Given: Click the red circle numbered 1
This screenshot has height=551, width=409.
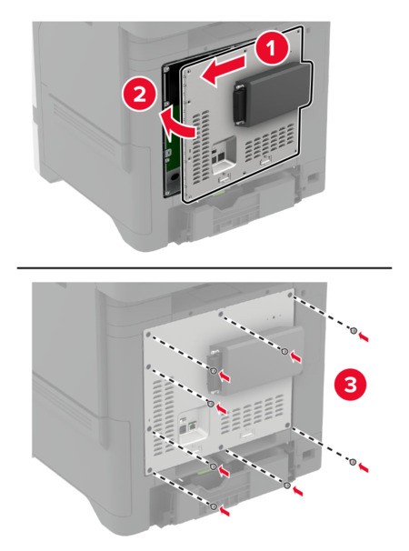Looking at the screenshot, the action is pos(271,49).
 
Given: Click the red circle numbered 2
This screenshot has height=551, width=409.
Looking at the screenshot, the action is pos(140,94).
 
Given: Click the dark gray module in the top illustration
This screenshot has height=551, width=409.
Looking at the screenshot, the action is pos(270,94).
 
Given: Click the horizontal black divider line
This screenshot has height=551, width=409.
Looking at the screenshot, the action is pos(204,267).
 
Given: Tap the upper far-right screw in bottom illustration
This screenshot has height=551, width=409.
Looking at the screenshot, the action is pos(354,330).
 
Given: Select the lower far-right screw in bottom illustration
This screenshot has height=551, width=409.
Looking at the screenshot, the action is pos(354,462).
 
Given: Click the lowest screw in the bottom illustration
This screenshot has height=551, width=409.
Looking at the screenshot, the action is pos(214,506).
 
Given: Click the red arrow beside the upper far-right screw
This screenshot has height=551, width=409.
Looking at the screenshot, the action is pos(364,337).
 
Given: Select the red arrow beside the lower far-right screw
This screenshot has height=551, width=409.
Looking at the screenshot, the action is pos(364,467).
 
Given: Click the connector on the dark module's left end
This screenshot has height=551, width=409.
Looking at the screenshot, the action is pos(239,105).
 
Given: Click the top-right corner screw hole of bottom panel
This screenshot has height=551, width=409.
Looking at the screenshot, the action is pos(290,294).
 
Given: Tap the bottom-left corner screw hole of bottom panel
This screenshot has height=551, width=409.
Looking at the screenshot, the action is pos(150,470).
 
